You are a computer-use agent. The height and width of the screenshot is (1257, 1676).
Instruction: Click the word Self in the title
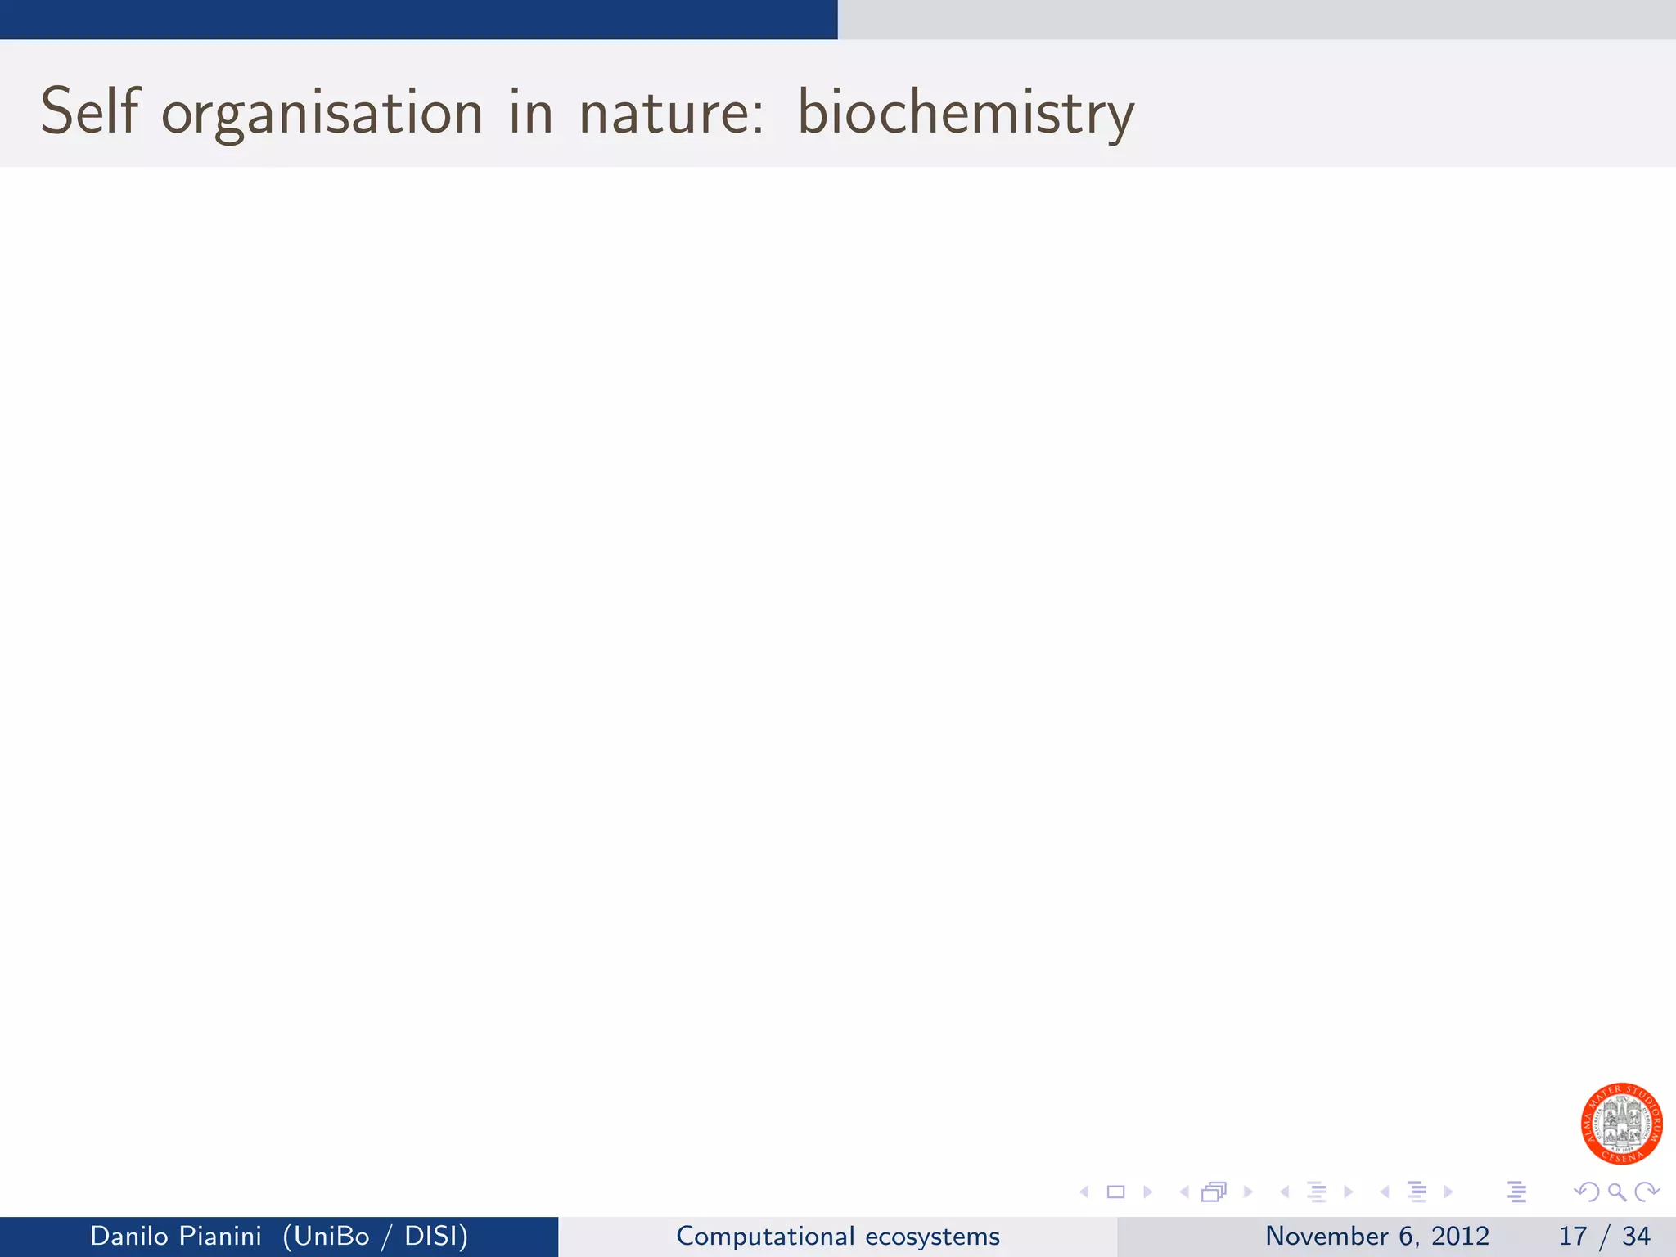[x=90, y=111]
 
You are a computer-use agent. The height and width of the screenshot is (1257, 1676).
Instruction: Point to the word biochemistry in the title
[x=966, y=113]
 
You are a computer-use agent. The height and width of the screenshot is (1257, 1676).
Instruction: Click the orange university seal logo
[x=1621, y=1123]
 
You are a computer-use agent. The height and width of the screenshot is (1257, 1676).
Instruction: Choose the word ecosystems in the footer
[x=932, y=1236]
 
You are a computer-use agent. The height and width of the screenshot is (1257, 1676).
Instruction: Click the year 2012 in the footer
[x=1460, y=1236]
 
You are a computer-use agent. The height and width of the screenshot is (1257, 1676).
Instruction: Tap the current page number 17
[x=1573, y=1236]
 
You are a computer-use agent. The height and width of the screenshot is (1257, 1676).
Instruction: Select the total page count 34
[x=1636, y=1236]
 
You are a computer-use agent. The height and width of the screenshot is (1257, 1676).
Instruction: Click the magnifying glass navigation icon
[x=1617, y=1192]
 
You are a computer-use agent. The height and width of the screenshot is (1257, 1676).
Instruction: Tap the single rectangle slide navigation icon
[x=1115, y=1192]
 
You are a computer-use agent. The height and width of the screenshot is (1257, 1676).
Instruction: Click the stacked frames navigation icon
[x=1214, y=1192]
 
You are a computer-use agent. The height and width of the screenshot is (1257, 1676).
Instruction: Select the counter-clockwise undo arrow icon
[x=1587, y=1192]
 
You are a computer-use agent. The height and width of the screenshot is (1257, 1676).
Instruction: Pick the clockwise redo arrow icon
[x=1647, y=1192]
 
